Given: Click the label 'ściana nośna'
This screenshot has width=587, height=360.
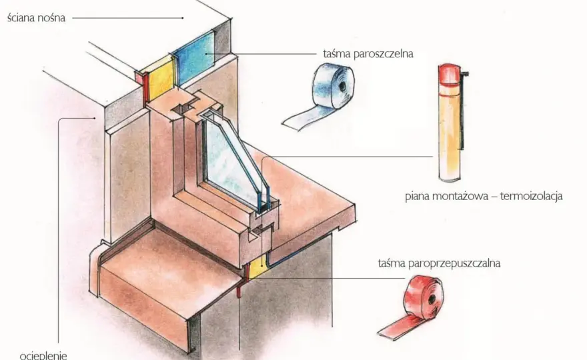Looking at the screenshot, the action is (36, 17).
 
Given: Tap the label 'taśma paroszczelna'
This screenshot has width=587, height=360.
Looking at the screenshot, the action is (368, 54).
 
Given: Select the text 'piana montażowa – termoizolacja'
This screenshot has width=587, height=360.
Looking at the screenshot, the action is (484, 196).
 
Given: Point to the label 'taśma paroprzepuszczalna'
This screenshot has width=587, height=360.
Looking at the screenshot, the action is (439, 263).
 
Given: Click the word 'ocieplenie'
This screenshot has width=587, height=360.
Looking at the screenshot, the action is (43, 355).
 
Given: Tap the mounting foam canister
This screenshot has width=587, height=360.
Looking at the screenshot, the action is (451, 123).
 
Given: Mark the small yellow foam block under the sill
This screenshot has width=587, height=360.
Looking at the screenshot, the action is (257, 268).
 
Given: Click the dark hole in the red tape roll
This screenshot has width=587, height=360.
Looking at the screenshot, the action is (432, 299).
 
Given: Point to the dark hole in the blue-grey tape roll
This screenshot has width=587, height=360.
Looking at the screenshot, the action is (342, 86).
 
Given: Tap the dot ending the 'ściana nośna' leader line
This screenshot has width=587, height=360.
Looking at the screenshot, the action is (183, 17).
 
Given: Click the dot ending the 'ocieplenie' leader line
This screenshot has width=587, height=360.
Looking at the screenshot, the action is (95, 118).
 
